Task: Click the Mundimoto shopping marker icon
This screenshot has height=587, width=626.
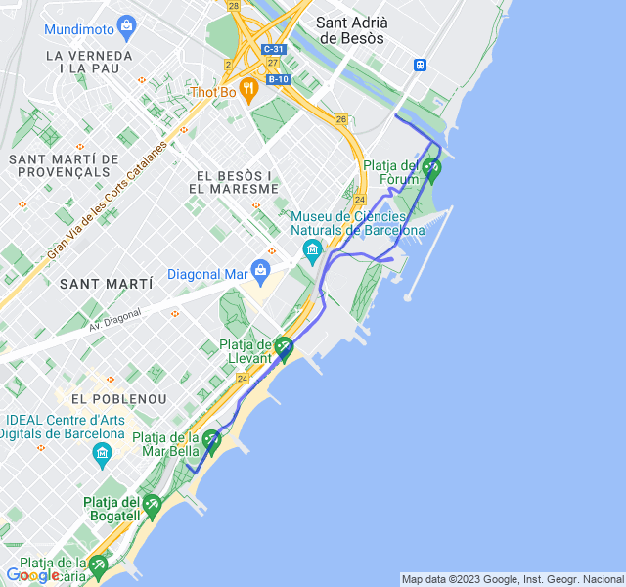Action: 125,24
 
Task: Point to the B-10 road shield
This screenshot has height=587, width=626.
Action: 277,79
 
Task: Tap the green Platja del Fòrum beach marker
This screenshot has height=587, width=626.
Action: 432,168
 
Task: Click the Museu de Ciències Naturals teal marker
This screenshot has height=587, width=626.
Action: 312,248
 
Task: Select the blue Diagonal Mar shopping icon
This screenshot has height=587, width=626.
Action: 260,269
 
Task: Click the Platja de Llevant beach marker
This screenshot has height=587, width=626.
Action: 284,346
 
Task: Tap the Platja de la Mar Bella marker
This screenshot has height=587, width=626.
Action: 211,440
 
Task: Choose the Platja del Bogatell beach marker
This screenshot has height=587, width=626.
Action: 151,506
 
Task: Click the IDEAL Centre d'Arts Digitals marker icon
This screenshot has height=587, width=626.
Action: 103,453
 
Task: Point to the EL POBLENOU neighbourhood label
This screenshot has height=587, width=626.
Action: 119,399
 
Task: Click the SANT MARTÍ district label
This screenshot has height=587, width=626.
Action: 107,284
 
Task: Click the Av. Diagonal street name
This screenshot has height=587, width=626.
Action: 114,319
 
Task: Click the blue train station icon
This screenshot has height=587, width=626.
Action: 421,66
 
